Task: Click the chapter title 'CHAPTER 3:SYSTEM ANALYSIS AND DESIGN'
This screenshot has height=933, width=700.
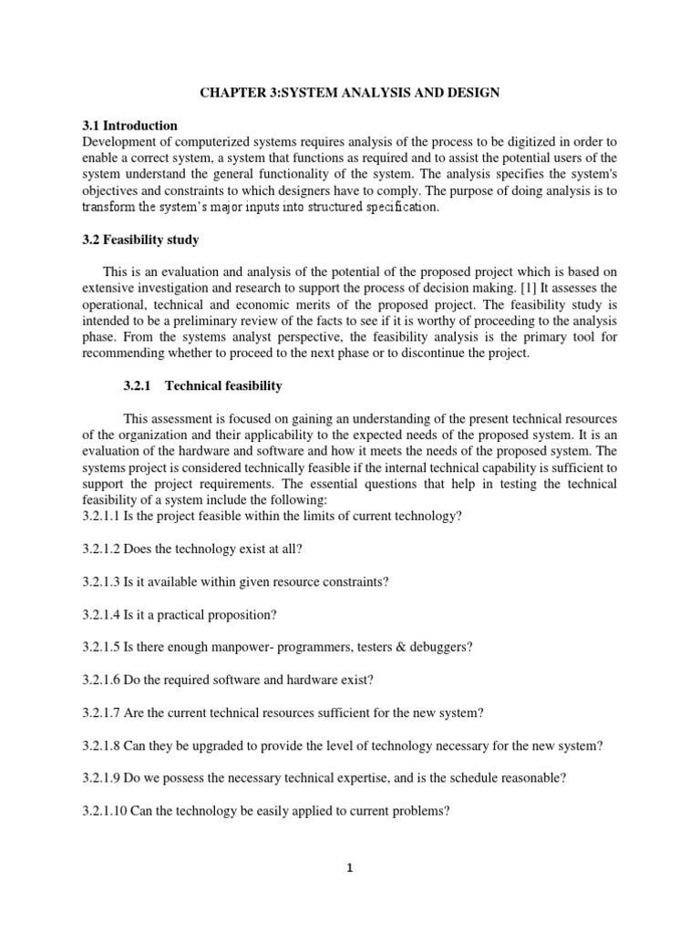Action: point(349,93)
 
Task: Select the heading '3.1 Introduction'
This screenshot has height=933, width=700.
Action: point(129,125)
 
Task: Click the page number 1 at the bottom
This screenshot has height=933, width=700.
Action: point(349,868)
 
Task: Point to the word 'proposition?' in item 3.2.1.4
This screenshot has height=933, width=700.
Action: point(240,614)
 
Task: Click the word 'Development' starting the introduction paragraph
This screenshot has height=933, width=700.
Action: point(120,141)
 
